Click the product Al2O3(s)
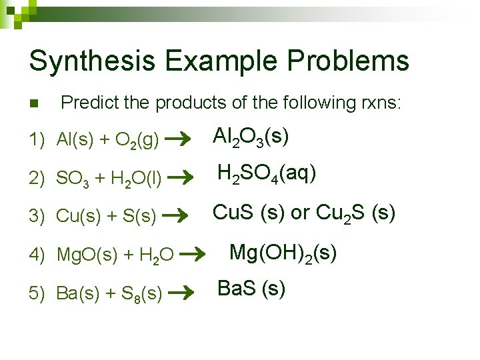251,137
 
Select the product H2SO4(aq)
267,175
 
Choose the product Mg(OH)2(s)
283,253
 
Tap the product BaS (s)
252,289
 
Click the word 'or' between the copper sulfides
301,213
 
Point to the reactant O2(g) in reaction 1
137,141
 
